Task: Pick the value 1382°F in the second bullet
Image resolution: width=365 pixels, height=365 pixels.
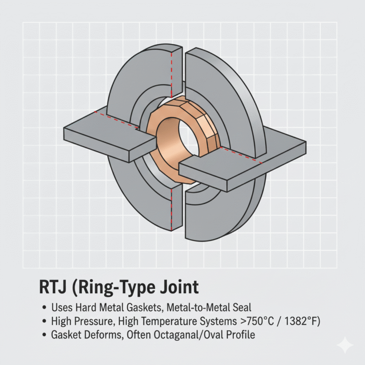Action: click(x=295, y=322)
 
